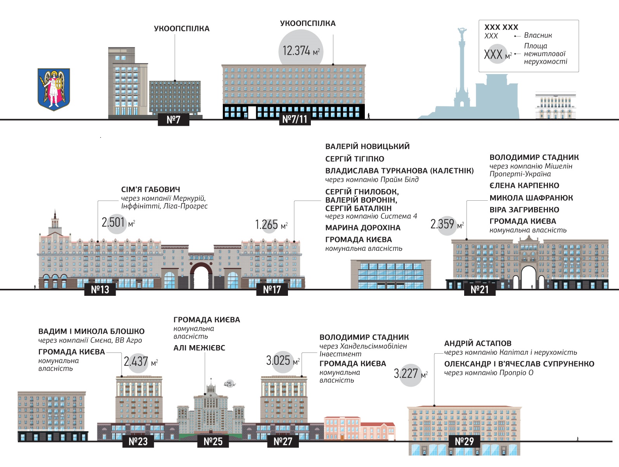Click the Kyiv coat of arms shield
[x=54, y=89]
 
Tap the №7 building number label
[x=173, y=120]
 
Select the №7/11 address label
[x=295, y=119]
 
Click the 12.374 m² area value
[x=301, y=51]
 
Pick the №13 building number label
[x=100, y=290]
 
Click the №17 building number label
[x=272, y=290]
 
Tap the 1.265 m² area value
[x=270, y=225]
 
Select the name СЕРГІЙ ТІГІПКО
[x=355, y=159]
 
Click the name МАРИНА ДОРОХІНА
[x=363, y=228]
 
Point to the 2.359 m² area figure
[x=446, y=224]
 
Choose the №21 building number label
[x=480, y=290]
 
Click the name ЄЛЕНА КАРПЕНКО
[x=524, y=186]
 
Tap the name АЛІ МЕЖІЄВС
[x=199, y=348]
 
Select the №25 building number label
[x=213, y=441]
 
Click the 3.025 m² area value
[x=282, y=361]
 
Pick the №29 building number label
[x=465, y=441]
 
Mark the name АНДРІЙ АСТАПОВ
[x=478, y=343]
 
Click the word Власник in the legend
[x=538, y=35]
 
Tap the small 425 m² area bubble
[x=229, y=384]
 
